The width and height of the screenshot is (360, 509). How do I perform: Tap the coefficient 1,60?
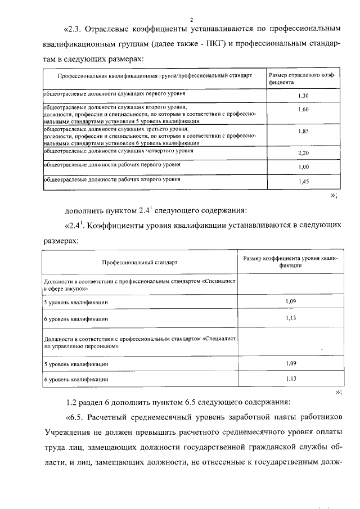tap(303, 109)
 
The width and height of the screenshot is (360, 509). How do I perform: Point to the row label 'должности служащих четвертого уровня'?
tap(119, 151)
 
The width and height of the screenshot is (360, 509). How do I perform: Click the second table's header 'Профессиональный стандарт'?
tap(139, 263)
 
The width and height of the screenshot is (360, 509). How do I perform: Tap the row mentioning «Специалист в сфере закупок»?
tap(141, 283)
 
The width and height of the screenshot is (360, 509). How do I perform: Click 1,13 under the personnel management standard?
tap(291, 379)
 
